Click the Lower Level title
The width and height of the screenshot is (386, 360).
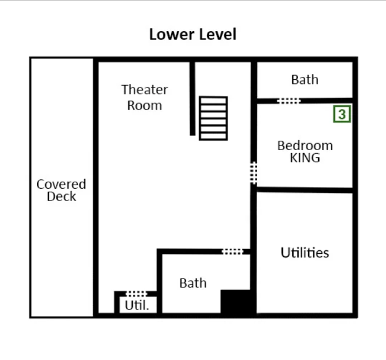click(193, 34)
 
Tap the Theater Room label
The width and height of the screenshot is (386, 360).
click(144, 97)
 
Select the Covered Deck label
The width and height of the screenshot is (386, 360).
click(61, 191)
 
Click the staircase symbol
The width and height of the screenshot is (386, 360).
click(213, 118)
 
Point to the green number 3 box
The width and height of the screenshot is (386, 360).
click(341, 114)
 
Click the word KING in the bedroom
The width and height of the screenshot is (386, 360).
click(305, 158)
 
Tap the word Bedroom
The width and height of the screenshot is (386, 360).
click(305, 145)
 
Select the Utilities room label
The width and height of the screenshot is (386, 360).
click(305, 253)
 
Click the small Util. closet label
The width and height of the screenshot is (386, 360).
click(136, 305)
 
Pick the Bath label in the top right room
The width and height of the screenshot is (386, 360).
click(305, 79)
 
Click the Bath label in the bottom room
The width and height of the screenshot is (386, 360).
click(193, 283)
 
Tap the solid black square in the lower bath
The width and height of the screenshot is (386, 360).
click(237, 302)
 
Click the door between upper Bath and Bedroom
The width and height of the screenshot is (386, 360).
click(289, 101)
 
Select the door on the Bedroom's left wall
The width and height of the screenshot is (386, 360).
click(254, 173)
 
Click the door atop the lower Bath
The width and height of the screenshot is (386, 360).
click(233, 252)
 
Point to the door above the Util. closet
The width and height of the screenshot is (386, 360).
click(136, 293)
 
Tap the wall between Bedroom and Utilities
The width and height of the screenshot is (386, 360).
click(305, 189)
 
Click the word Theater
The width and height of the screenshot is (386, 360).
click(144, 90)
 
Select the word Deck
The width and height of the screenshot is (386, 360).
click(61, 197)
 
